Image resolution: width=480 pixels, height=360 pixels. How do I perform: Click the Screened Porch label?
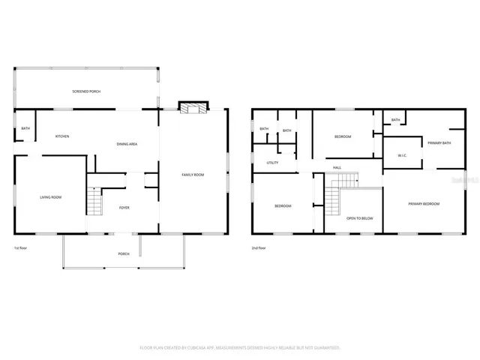[x=86, y=91]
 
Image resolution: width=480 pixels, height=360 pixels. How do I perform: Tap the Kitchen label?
[x=62, y=136]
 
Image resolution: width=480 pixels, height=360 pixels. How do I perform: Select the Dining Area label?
[x=127, y=144]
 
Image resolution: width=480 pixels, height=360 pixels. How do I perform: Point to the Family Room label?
[x=193, y=175]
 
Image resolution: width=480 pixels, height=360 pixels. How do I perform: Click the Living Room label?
[x=50, y=197]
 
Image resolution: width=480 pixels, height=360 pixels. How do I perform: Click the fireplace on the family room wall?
[x=193, y=109]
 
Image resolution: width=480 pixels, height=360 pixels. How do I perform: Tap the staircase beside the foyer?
[x=94, y=201]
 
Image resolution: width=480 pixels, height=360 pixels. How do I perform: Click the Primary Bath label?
[x=439, y=142]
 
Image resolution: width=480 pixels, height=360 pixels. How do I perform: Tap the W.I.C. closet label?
[x=402, y=155]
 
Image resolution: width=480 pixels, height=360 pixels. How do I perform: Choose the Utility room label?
[x=272, y=163]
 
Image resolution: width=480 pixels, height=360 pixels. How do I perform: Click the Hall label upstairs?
[x=337, y=167]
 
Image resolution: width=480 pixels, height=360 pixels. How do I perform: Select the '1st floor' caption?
[x=21, y=247]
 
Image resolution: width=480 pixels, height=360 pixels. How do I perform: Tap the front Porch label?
[x=124, y=253]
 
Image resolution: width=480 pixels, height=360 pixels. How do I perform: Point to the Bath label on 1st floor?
[x=25, y=128]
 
